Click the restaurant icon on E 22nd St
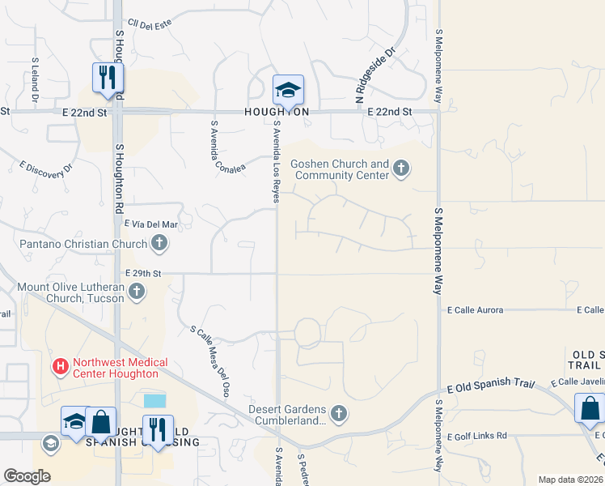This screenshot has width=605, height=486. pos(107,79)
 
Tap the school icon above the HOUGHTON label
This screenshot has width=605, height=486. pos(287,90)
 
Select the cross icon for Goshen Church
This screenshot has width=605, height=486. pos(401,168)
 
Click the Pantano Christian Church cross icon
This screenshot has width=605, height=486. pos(159,243)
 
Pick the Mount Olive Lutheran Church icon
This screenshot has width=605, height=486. pos(137,292)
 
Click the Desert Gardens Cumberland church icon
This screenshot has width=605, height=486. pos(339,414)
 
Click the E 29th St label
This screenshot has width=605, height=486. pos(143,275)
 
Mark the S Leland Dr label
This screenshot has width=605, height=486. pos(35,80)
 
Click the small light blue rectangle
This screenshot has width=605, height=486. pos(154,401)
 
